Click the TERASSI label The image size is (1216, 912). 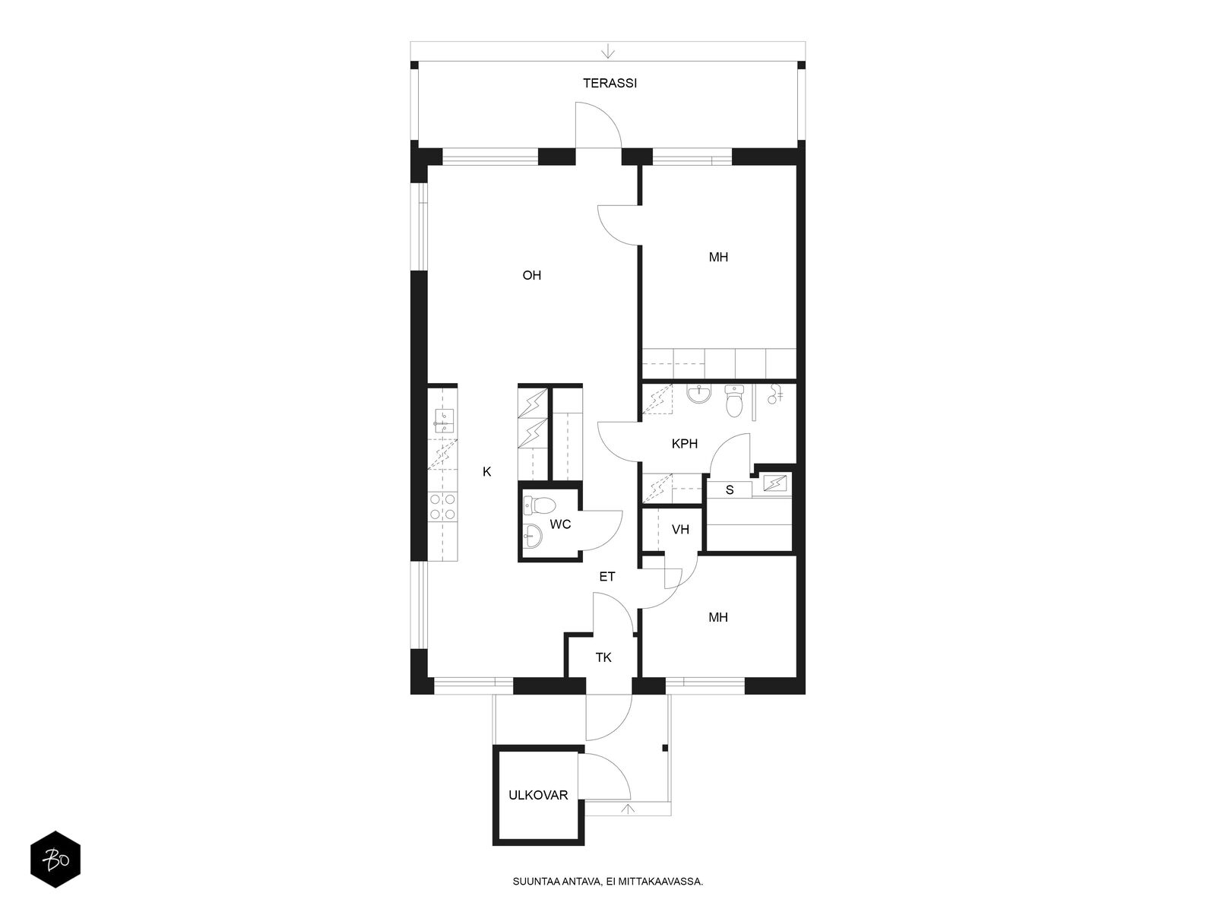[610, 83]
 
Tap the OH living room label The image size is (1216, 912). [531, 275]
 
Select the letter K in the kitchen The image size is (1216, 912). [487, 472]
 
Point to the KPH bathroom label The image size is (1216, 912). [684, 444]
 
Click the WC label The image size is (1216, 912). [560, 524]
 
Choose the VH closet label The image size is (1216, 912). [680, 530]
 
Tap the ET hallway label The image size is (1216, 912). [606, 576]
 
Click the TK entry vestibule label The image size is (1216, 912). [603, 657]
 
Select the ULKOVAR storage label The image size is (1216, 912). [538, 795]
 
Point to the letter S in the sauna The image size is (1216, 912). [730, 490]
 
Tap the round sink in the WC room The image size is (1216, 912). [533, 536]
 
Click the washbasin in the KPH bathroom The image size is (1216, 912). [700, 394]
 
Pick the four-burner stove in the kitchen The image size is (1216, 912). [443, 507]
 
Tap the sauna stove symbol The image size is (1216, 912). [774, 483]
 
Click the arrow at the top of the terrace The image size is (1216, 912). [608, 51]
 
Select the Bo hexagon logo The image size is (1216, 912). [55, 860]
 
